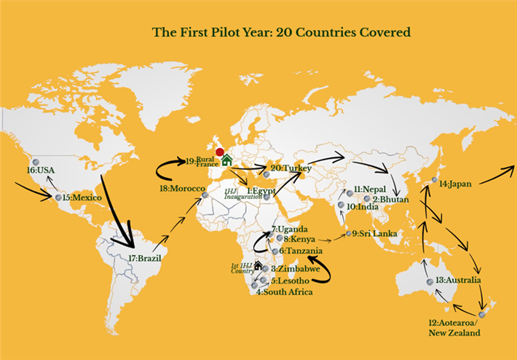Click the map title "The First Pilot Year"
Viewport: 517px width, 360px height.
point(280,32)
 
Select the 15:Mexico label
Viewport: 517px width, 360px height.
point(82,197)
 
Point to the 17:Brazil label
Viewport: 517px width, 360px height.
point(144,258)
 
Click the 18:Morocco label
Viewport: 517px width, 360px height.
point(178,189)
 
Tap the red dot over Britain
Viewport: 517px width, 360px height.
point(220,152)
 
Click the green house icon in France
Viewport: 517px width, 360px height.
point(226,160)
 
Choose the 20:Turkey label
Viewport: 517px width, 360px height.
point(291,168)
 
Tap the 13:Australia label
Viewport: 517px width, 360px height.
point(458,281)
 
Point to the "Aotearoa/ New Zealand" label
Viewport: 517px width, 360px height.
point(455,327)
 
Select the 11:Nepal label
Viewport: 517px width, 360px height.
point(368,189)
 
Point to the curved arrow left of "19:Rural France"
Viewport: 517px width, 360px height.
point(169,168)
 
